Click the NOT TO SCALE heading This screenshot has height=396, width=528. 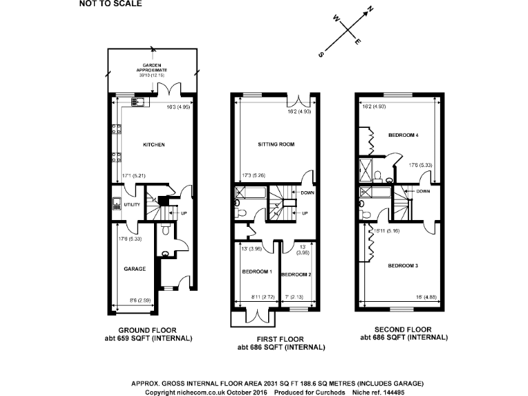111,4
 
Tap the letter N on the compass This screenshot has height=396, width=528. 370,10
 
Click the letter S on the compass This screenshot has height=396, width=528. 320,53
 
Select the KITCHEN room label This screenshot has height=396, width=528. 153,144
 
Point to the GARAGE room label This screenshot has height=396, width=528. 134,269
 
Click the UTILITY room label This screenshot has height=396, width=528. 131,205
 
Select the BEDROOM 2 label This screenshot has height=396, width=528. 296,274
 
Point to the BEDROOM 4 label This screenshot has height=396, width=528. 402,135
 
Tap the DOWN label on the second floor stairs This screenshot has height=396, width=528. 423,191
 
